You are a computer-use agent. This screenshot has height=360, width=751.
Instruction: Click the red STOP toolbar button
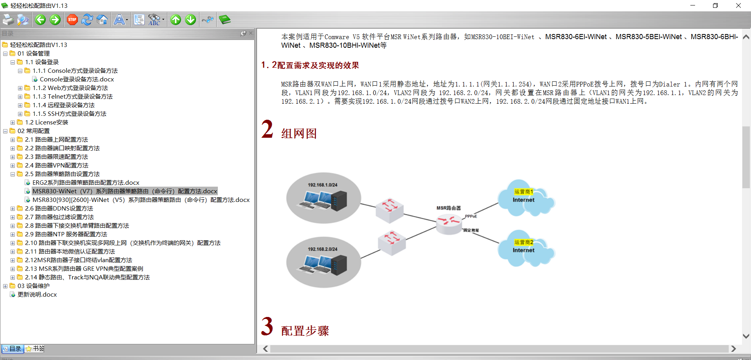click(x=72, y=20)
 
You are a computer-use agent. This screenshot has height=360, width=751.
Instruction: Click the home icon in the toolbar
click(x=102, y=20)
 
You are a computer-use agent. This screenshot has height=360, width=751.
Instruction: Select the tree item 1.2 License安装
click(x=47, y=122)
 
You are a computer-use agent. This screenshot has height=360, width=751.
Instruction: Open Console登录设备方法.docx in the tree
click(x=77, y=79)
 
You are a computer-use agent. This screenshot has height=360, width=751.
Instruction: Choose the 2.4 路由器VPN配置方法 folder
click(x=56, y=166)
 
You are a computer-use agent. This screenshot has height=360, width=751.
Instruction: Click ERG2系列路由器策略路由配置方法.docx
click(x=86, y=183)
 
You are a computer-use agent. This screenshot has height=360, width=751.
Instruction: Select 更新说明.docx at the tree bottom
click(x=37, y=295)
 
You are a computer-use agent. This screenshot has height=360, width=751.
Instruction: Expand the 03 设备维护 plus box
click(x=5, y=286)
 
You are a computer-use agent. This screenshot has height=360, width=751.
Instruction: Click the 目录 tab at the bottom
click(x=13, y=349)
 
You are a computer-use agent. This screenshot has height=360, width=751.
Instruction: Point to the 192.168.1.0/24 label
click(x=322, y=185)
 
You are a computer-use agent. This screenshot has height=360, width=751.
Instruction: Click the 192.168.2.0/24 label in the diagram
click(x=322, y=249)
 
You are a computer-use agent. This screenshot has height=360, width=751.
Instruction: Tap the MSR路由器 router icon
click(x=449, y=223)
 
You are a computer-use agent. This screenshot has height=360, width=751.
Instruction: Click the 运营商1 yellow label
click(x=523, y=192)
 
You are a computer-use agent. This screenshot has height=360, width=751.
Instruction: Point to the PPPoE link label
click(x=471, y=216)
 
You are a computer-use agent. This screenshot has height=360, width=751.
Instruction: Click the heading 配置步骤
click(x=305, y=331)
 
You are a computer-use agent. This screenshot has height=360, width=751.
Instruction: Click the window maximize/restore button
click(x=715, y=5)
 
